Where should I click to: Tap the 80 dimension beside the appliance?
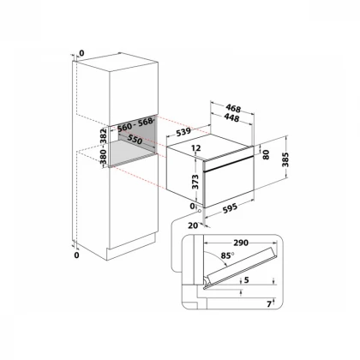266,156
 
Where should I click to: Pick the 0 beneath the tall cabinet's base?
76,255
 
